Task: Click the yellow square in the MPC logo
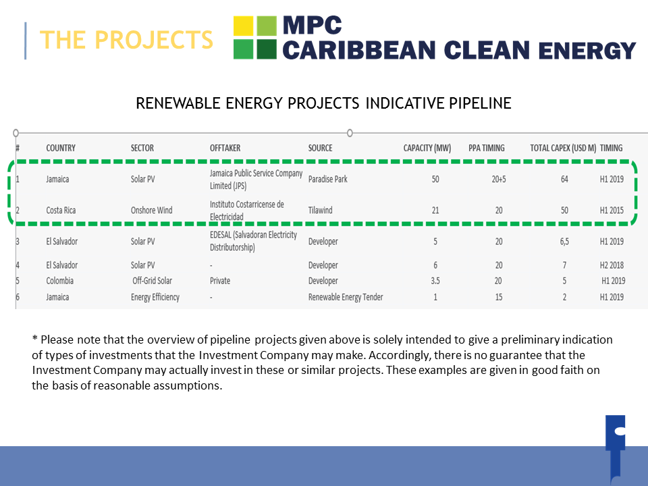click(243, 26)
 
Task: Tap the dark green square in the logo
click(267, 49)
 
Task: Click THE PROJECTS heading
click(126, 40)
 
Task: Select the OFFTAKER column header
click(225, 148)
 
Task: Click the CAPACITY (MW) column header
click(427, 148)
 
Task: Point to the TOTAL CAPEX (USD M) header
click(563, 148)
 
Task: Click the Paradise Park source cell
click(328, 179)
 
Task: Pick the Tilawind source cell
click(320, 210)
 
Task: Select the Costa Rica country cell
click(61, 210)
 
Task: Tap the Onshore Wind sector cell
click(152, 210)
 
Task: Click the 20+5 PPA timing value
click(499, 179)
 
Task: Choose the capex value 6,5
click(564, 242)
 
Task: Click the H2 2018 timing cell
click(612, 265)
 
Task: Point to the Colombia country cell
click(59, 281)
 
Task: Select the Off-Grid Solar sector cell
click(152, 281)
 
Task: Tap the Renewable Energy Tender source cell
click(346, 297)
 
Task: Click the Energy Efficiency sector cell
click(155, 297)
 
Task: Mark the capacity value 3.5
click(435, 281)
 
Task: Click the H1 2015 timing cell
click(612, 210)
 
